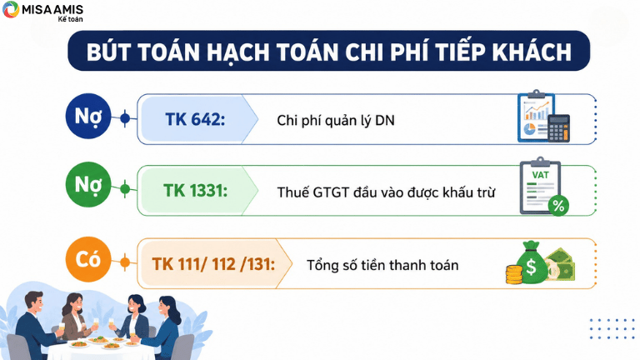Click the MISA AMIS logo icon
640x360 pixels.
[x=11, y=9]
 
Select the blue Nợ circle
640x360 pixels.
[x=88, y=117]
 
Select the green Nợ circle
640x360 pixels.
[x=88, y=184]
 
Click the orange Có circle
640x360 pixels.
[x=88, y=259]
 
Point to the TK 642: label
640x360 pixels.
[x=195, y=119]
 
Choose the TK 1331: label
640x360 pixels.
[x=196, y=191]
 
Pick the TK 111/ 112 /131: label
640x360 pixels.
[x=213, y=264]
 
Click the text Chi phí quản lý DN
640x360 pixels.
[x=336, y=121]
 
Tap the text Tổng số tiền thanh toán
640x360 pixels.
[x=382, y=265]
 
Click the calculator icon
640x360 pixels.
[x=558, y=128]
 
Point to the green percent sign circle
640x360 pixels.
[x=558, y=206]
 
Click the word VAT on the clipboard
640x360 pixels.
[x=540, y=175]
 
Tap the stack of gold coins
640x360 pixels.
[x=514, y=274]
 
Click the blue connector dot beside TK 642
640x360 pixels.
[x=125, y=118]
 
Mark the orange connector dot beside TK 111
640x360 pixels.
[x=125, y=262]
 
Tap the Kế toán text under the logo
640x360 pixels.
[x=70, y=19]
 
